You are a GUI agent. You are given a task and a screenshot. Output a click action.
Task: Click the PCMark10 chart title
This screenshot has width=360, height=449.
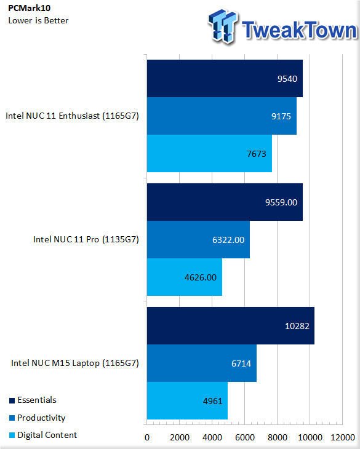coord(29,8)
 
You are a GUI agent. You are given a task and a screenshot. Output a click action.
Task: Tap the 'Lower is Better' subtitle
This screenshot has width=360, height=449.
coord(38,21)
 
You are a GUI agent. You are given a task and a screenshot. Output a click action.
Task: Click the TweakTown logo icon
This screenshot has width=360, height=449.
coord(223,26)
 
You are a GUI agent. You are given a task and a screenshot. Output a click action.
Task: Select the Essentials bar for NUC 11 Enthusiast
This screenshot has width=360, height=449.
coord(225,79)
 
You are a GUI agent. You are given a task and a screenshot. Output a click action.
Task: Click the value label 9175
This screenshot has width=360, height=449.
coord(281,116)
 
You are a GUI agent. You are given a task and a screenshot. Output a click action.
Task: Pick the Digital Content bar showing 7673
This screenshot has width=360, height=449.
coord(209,154)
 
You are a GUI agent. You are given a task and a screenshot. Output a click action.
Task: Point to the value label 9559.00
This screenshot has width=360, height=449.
coord(281,202)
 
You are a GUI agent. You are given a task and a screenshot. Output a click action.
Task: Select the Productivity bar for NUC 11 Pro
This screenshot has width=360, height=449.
coord(198,240)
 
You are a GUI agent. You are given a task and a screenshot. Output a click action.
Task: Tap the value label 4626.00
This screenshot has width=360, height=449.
coord(201,277)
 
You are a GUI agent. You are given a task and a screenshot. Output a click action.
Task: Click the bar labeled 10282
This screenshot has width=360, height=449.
coord(231,325)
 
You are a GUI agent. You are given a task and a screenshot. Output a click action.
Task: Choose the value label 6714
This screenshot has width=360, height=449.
coord(241,364)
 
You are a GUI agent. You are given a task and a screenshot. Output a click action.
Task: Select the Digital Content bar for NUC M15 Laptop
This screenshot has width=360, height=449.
coord(187,400)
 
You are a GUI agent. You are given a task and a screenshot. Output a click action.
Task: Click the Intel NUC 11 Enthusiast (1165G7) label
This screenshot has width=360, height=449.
coord(72,116)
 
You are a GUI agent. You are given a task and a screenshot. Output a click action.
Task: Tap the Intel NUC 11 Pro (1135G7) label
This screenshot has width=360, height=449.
coord(86,239)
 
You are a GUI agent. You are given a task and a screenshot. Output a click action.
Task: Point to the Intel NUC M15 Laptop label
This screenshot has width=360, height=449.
coord(75,363)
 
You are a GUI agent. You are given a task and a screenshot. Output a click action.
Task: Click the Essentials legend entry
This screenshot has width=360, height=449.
coord(33,400)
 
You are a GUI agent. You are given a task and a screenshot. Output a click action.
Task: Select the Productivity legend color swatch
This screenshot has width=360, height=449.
coord(12,418)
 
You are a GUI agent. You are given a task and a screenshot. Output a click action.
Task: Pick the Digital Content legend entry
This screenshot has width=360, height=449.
coord(43,435)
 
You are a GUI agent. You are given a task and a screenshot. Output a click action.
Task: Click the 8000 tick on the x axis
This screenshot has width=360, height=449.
coord(278,437)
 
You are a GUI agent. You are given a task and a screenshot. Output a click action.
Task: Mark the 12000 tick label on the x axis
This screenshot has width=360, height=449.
coord(343,437)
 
